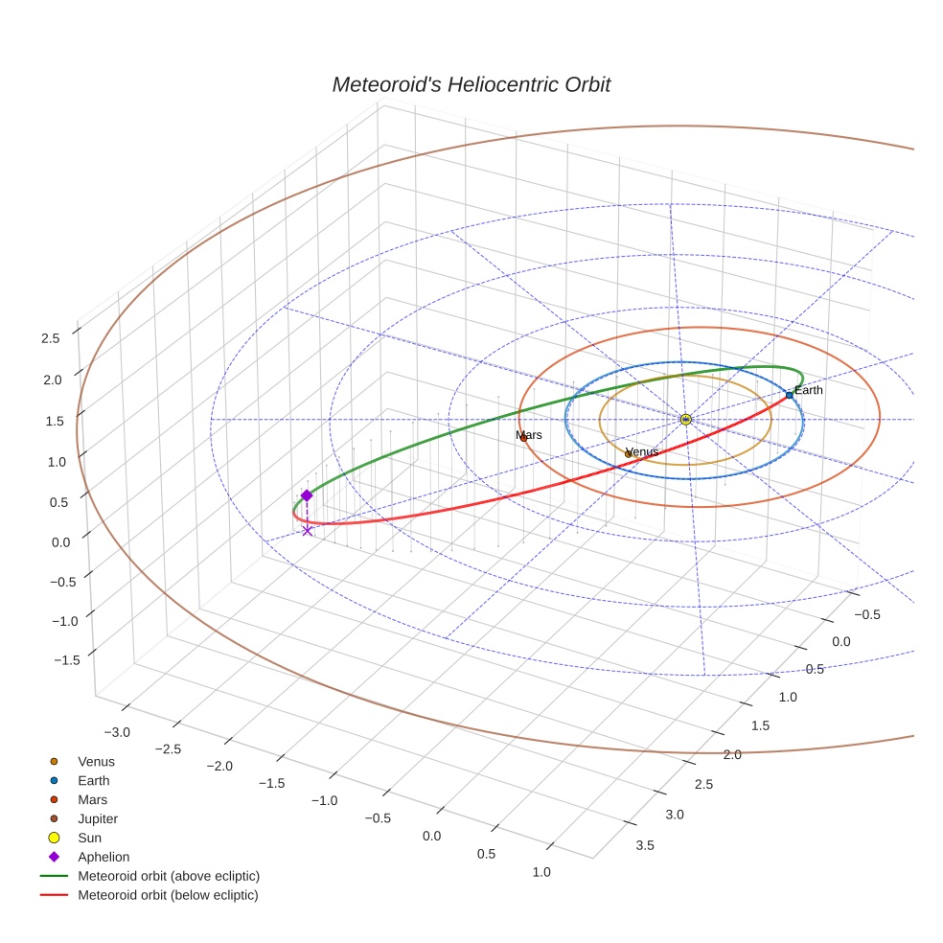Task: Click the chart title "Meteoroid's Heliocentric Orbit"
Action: pos(471,84)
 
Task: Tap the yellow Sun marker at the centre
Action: pos(686,420)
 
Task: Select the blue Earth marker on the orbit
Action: pos(789,395)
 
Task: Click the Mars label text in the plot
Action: pos(529,435)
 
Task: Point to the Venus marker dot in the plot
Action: pos(628,454)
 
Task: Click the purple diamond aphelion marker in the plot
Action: pos(307,495)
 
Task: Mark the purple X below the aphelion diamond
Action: pos(307,530)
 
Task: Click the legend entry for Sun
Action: pos(89,838)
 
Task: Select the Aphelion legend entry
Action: pos(103,857)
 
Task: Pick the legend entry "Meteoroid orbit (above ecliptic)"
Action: pos(169,876)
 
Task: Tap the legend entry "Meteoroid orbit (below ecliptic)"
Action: pos(168,895)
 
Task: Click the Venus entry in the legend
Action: pos(96,761)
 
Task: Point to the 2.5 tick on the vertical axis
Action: pos(51,337)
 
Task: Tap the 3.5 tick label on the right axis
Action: pos(645,844)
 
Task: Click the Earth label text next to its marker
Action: pos(809,390)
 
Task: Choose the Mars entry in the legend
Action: pos(92,799)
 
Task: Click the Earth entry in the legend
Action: pos(93,780)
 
